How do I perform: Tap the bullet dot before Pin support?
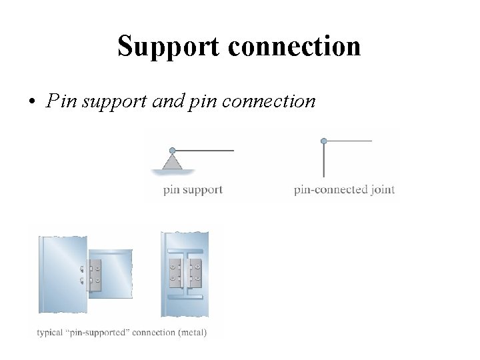[x=31, y=102]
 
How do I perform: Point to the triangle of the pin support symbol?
[x=172, y=162]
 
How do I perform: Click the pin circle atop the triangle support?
[x=172, y=151]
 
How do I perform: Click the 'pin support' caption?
[x=193, y=190]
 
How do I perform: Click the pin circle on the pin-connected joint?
[x=324, y=141]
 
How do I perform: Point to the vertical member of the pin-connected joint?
[x=324, y=160]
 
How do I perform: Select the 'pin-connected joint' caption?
[x=344, y=190]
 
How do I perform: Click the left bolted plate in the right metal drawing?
[x=175, y=273]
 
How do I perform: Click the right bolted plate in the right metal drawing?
[x=195, y=273]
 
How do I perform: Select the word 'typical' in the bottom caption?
[x=49, y=332]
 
